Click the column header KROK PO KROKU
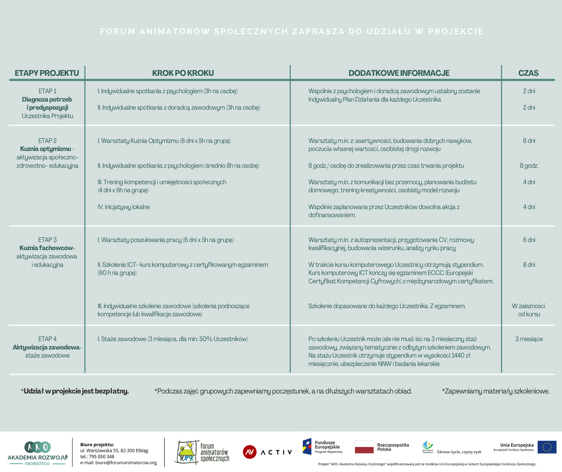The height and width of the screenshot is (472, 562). (x=183, y=73)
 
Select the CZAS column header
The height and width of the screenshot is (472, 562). (x=528, y=73)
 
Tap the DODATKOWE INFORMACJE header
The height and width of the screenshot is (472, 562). (x=399, y=73)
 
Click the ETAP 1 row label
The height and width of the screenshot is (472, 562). (x=47, y=91)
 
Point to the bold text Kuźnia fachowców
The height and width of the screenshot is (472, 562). (x=47, y=248)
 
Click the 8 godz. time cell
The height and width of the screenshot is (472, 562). (x=529, y=166)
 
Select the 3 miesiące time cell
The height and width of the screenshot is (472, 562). (x=529, y=339)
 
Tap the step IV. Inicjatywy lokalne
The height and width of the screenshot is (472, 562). (x=124, y=207)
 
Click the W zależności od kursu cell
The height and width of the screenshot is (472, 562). (x=529, y=310)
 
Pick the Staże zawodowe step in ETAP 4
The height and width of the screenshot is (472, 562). (x=173, y=339)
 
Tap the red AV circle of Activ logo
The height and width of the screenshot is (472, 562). (x=249, y=452)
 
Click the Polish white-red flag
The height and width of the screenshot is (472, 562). (x=364, y=447)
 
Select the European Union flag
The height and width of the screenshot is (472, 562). (x=547, y=447)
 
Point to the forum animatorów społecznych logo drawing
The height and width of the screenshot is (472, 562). (x=188, y=452)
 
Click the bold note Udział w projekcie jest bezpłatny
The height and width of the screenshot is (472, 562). (x=75, y=391)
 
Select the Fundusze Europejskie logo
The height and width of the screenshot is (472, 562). (x=323, y=446)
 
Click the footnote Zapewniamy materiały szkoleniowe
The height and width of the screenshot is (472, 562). (x=496, y=391)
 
